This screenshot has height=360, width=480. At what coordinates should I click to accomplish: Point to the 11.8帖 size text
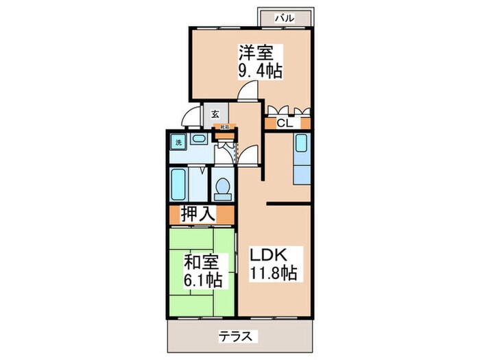[x=272, y=272]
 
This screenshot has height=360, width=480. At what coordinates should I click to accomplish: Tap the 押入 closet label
[x=197, y=214]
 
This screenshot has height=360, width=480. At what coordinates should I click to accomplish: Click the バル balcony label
[x=285, y=19]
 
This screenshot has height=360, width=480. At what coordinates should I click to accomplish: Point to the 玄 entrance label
[x=215, y=115]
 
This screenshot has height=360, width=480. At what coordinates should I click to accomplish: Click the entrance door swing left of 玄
[x=194, y=117]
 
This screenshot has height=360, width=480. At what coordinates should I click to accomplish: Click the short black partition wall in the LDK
[x=289, y=203]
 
